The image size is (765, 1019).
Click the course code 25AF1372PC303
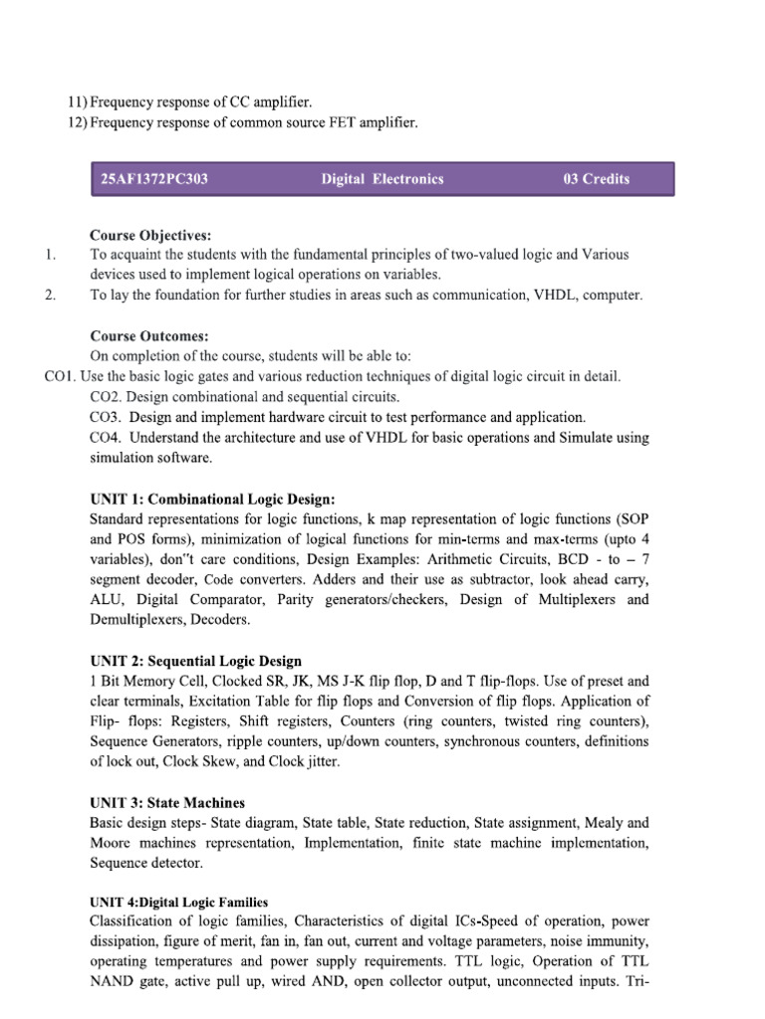pyautogui.click(x=153, y=179)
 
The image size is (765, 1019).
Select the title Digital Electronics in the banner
pyautogui.click(x=382, y=179)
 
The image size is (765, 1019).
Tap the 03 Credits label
pyautogui.click(x=597, y=179)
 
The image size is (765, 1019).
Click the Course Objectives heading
pyautogui.click(x=150, y=236)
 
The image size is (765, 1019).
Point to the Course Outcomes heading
pyautogui.click(x=149, y=337)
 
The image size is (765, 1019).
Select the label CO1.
pyautogui.click(x=61, y=377)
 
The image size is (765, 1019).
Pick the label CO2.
pyautogui.click(x=105, y=397)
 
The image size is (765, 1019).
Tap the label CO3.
pyautogui.click(x=105, y=418)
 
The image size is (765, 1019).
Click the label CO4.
pyautogui.click(x=105, y=438)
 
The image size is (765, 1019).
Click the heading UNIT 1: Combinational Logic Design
pyautogui.click(x=212, y=499)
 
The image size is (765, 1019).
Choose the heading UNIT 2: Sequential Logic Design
pyautogui.click(x=195, y=661)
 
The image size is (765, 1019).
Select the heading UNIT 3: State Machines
pyautogui.click(x=167, y=802)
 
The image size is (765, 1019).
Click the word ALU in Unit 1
pyautogui.click(x=105, y=599)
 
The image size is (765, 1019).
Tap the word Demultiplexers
pyautogui.click(x=134, y=619)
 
